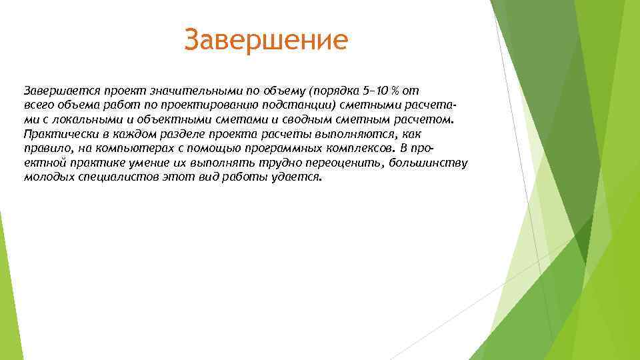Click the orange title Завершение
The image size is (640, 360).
click(266, 39)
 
